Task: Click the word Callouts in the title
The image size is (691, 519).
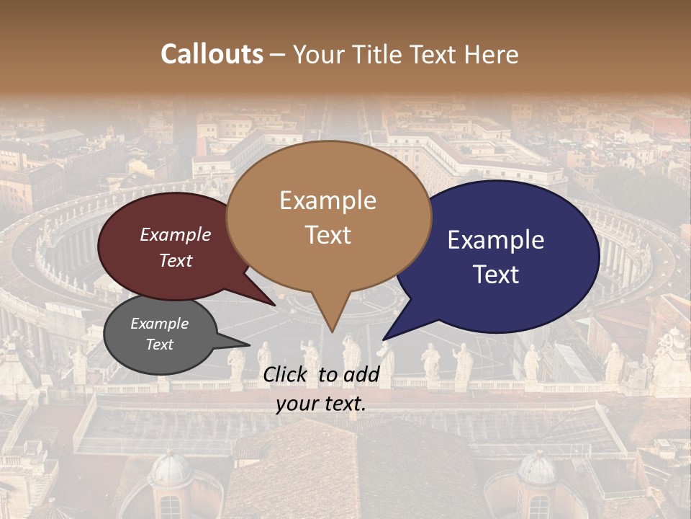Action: click(212, 54)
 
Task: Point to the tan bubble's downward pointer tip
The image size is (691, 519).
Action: click(332, 332)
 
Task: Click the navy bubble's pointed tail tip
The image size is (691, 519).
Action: click(384, 339)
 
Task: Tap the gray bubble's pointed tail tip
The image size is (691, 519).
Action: click(250, 345)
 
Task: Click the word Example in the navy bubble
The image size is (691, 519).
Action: click(496, 240)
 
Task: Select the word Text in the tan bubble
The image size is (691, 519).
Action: click(328, 235)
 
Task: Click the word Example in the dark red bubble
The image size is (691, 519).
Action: click(176, 234)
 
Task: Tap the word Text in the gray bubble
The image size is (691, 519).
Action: click(159, 345)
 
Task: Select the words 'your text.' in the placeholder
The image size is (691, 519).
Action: click(321, 404)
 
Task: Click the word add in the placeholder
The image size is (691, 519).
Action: click(362, 374)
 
